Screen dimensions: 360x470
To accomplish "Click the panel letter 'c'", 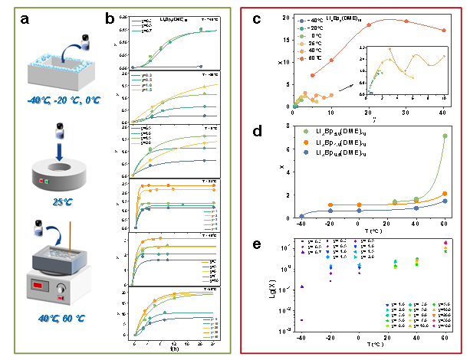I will point(257,19).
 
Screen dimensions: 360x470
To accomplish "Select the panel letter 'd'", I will point(257,132).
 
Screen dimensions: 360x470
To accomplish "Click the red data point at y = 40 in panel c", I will point(443,31).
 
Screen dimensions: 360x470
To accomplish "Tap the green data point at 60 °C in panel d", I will point(445,136).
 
